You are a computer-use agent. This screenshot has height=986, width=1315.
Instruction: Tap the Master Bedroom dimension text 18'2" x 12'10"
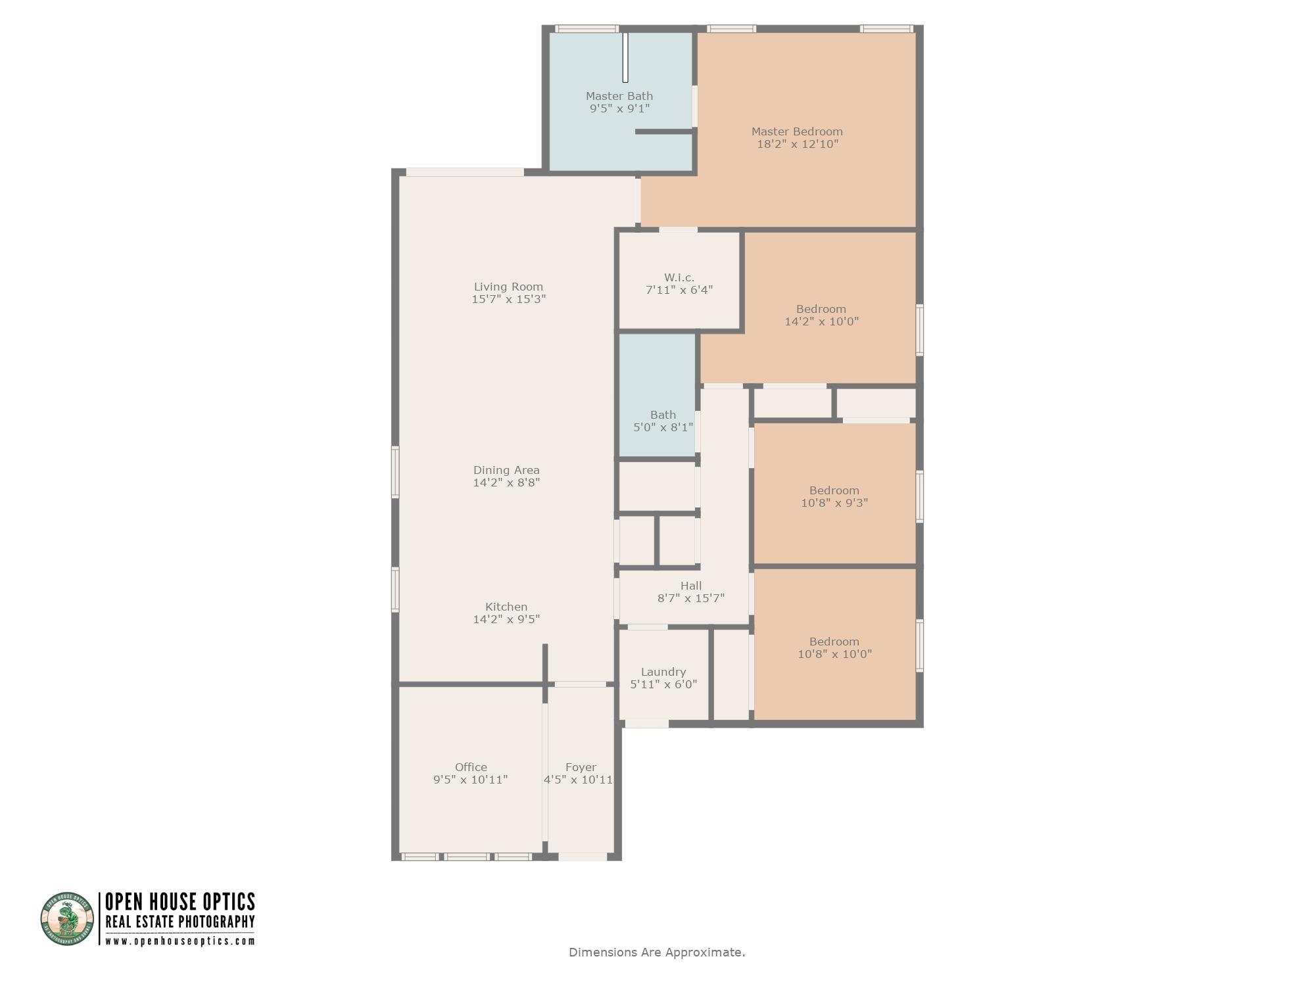pyautogui.click(x=798, y=144)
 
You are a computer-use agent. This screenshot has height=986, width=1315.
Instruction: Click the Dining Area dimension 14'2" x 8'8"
pyautogui.click(x=506, y=482)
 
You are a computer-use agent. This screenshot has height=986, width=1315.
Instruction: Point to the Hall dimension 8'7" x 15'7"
pyautogui.click(x=691, y=598)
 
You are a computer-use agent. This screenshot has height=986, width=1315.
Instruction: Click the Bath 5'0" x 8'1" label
pyautogui.click(x=663, y=421)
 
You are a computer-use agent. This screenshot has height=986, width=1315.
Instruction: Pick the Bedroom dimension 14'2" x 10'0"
pyautogui.click(x=821, y=321)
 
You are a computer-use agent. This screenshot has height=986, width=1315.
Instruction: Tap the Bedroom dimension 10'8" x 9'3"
pyautogui.click(x=834, y=503)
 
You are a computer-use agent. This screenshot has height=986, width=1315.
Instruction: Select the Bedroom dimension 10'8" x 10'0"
pyautogui.click(x=834, y=654)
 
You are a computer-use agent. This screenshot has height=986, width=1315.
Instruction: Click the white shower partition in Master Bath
pyautogui.click(x=625, y=57)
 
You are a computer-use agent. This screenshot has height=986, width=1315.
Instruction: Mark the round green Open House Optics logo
pyautogui.click(x=68, y=918)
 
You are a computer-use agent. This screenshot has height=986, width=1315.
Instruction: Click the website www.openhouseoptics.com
pyautogui.click(x=180, y=941)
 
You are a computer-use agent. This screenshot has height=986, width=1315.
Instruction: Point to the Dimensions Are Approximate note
pyautogui.click(x=657, y=952)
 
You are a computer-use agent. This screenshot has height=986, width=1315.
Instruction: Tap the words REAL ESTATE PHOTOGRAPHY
pyautogui.click(x=180, y=922)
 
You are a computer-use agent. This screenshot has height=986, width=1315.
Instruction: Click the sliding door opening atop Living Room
pyautogui.click(x=464, y=172)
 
